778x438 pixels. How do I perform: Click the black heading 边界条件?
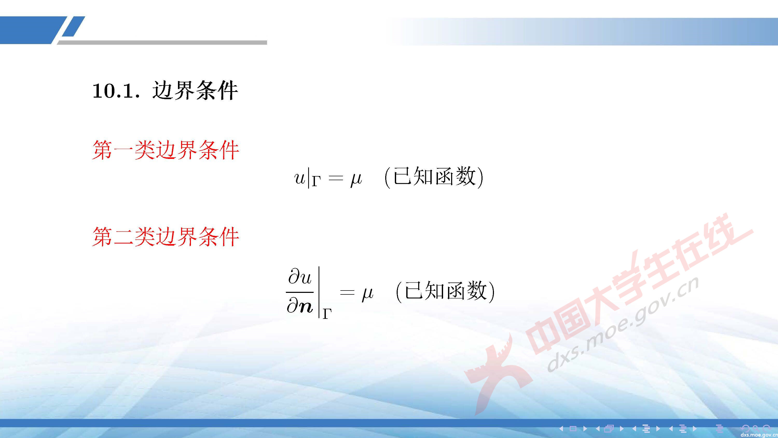pos(195,90)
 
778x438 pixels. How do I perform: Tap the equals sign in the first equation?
pos(336,178)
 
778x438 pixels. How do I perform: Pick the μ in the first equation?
pos(356,179)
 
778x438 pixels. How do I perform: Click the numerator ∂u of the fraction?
pos(300,278)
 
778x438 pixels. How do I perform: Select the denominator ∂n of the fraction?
pos(300,307)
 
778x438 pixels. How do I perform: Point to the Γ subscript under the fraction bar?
pos(327,314)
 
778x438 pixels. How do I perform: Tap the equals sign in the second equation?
pos(347,293)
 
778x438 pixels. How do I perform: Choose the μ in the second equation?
pos(367,293)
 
